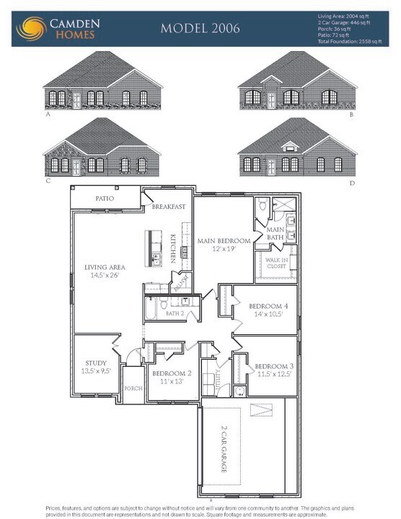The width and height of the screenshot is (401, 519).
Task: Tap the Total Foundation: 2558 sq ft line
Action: pos(353,43)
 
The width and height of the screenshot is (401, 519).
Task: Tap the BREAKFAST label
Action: pos(169,207)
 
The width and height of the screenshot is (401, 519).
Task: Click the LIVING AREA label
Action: pos(105,267)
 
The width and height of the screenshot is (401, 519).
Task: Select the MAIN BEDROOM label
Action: pos(224,241)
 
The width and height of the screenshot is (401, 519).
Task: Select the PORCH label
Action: pos(133,387)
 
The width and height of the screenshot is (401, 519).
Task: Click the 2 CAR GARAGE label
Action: pos(224,448)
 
